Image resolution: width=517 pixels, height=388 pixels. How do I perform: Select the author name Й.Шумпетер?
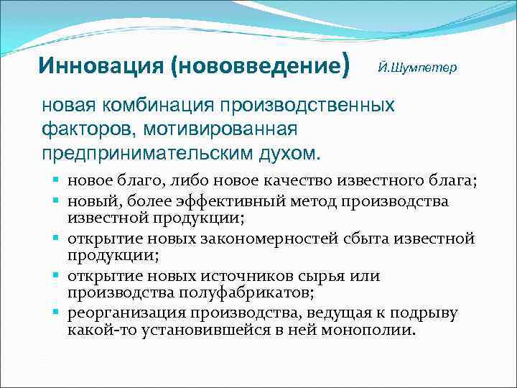(x=416, y=67)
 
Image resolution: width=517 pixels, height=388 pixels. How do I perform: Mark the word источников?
(x=236, y=276)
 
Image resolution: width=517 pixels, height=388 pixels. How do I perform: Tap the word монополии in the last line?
(x=374, y=331)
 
